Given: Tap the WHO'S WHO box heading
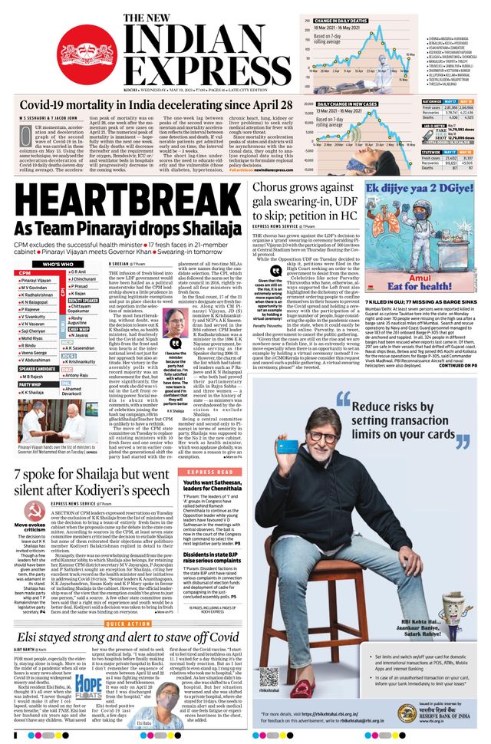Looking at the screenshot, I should pos(58,264).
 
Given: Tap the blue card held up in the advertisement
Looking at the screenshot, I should pos(288,447).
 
